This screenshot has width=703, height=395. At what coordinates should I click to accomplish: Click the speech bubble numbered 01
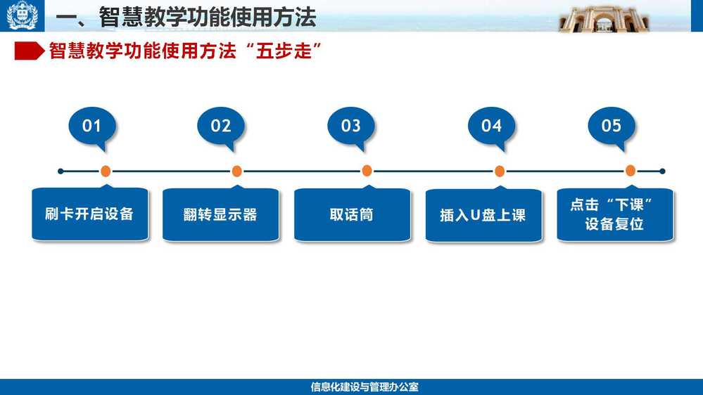click(x=92, y=126)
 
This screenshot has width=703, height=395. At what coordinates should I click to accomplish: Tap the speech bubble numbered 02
click(x=220, y=126)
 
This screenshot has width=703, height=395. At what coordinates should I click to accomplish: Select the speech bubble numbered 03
click(x=350, y=126)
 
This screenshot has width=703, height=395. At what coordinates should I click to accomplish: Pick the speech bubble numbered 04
click(x=491, y=126)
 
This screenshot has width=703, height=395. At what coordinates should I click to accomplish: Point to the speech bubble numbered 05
click(x=612, y=126)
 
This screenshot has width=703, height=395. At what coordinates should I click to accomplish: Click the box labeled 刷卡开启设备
click(x=89, y=214)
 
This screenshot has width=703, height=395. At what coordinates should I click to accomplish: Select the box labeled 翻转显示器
click(x=220, y=214)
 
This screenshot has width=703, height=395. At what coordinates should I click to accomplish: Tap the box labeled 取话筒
click(x=352, y=215)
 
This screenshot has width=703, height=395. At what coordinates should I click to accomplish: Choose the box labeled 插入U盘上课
click(x=483, y=215)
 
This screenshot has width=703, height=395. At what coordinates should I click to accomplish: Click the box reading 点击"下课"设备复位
click(x=614, y=215)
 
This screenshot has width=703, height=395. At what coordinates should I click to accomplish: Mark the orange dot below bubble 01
click(x=106, y=171)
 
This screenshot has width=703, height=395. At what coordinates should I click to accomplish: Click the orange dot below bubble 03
click(x=367, y=171)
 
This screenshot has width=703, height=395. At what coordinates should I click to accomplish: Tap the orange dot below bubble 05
click(x=631, y=171)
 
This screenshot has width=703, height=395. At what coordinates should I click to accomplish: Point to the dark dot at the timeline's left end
click(x=61, y=171)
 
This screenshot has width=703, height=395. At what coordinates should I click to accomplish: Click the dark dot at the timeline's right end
click(x=663, y=171)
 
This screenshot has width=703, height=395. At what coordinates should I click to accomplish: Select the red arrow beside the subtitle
click(x=29, y=51)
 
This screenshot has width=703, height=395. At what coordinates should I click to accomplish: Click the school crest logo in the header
click(x=22, y=15)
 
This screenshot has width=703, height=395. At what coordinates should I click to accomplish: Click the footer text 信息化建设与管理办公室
click(x=365, y=387)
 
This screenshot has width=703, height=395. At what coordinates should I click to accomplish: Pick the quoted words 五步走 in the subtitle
click(x=284, y=51)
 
